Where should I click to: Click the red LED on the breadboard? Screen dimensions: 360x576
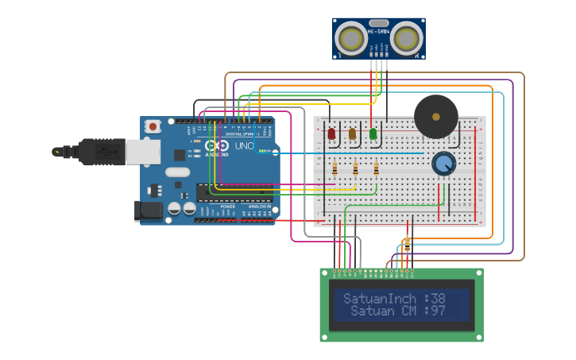pyautogui.click(x=331, y=134)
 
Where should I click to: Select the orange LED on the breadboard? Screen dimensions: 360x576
pyautogui.click(x=352, y=134)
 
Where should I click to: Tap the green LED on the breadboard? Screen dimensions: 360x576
pyautogui.click(x=373, y=134)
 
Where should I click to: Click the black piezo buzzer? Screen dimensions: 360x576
pyautogui.click(x=435, y=117)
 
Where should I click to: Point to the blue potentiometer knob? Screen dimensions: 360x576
pyautogui.click(x=443, y=164)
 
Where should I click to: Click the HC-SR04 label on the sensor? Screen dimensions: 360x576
pyautogui.click(x=378, y=31)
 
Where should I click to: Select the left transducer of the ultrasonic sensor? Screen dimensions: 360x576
pyautogui.click(x=350, y=38)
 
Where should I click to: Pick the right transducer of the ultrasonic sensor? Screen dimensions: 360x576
pyautogui.click(x=407, y=38)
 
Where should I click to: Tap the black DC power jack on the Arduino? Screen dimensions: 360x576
pyautogui.click(x=149, y=211)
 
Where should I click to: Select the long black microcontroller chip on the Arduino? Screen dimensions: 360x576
pyautogui.click(x=234, y=192)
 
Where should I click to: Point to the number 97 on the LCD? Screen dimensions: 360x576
pyautogui.click(x=437, y=311)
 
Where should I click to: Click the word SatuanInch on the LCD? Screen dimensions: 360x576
pyautogui.click(x=381, y=299)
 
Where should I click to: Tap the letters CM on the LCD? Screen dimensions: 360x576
pyautogui.click(x=409, y=311)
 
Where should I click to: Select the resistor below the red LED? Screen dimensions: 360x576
pyautogui.click(x=334, y=168)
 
